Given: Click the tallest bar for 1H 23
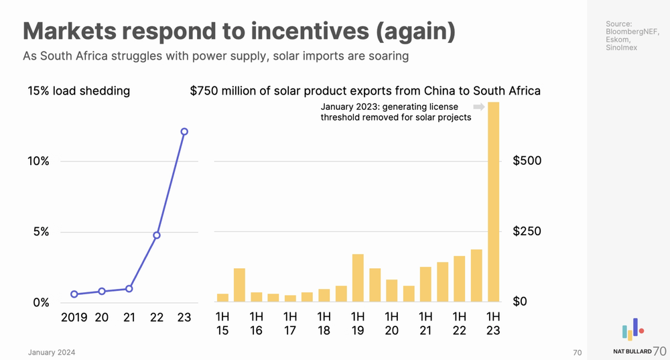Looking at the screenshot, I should coord(494,201).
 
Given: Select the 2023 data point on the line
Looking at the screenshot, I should coord(184,131).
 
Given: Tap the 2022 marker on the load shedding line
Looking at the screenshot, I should coord(157,235).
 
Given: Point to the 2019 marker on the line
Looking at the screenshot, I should coord(74,294).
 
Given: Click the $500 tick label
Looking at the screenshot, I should coord(527,161).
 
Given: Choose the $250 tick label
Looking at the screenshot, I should coord(527,232).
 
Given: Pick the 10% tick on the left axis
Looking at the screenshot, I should coord(38,161).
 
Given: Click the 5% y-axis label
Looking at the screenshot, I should coord(41,232).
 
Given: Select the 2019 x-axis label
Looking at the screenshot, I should coord(74,317).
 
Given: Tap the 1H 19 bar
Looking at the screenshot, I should coord(358,278).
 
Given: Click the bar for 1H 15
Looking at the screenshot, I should coord(222,297).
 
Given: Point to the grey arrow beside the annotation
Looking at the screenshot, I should coord(478,107).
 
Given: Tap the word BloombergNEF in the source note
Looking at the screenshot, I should coord(632,32).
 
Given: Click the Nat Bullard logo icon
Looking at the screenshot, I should coord(632,330).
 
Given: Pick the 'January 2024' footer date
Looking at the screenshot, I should coord(52,353).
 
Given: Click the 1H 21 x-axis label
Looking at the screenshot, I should coord(425,322).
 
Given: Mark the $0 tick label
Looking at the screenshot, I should coord(521,302).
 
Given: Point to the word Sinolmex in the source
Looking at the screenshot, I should coord(621,48).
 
